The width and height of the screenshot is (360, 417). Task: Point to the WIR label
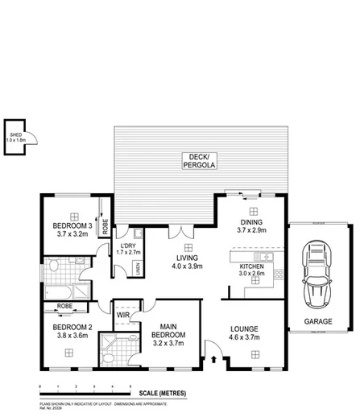pos(122,315)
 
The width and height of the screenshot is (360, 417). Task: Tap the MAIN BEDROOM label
pos(170,329)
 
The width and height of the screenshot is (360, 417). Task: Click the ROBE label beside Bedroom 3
pos(105,225)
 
